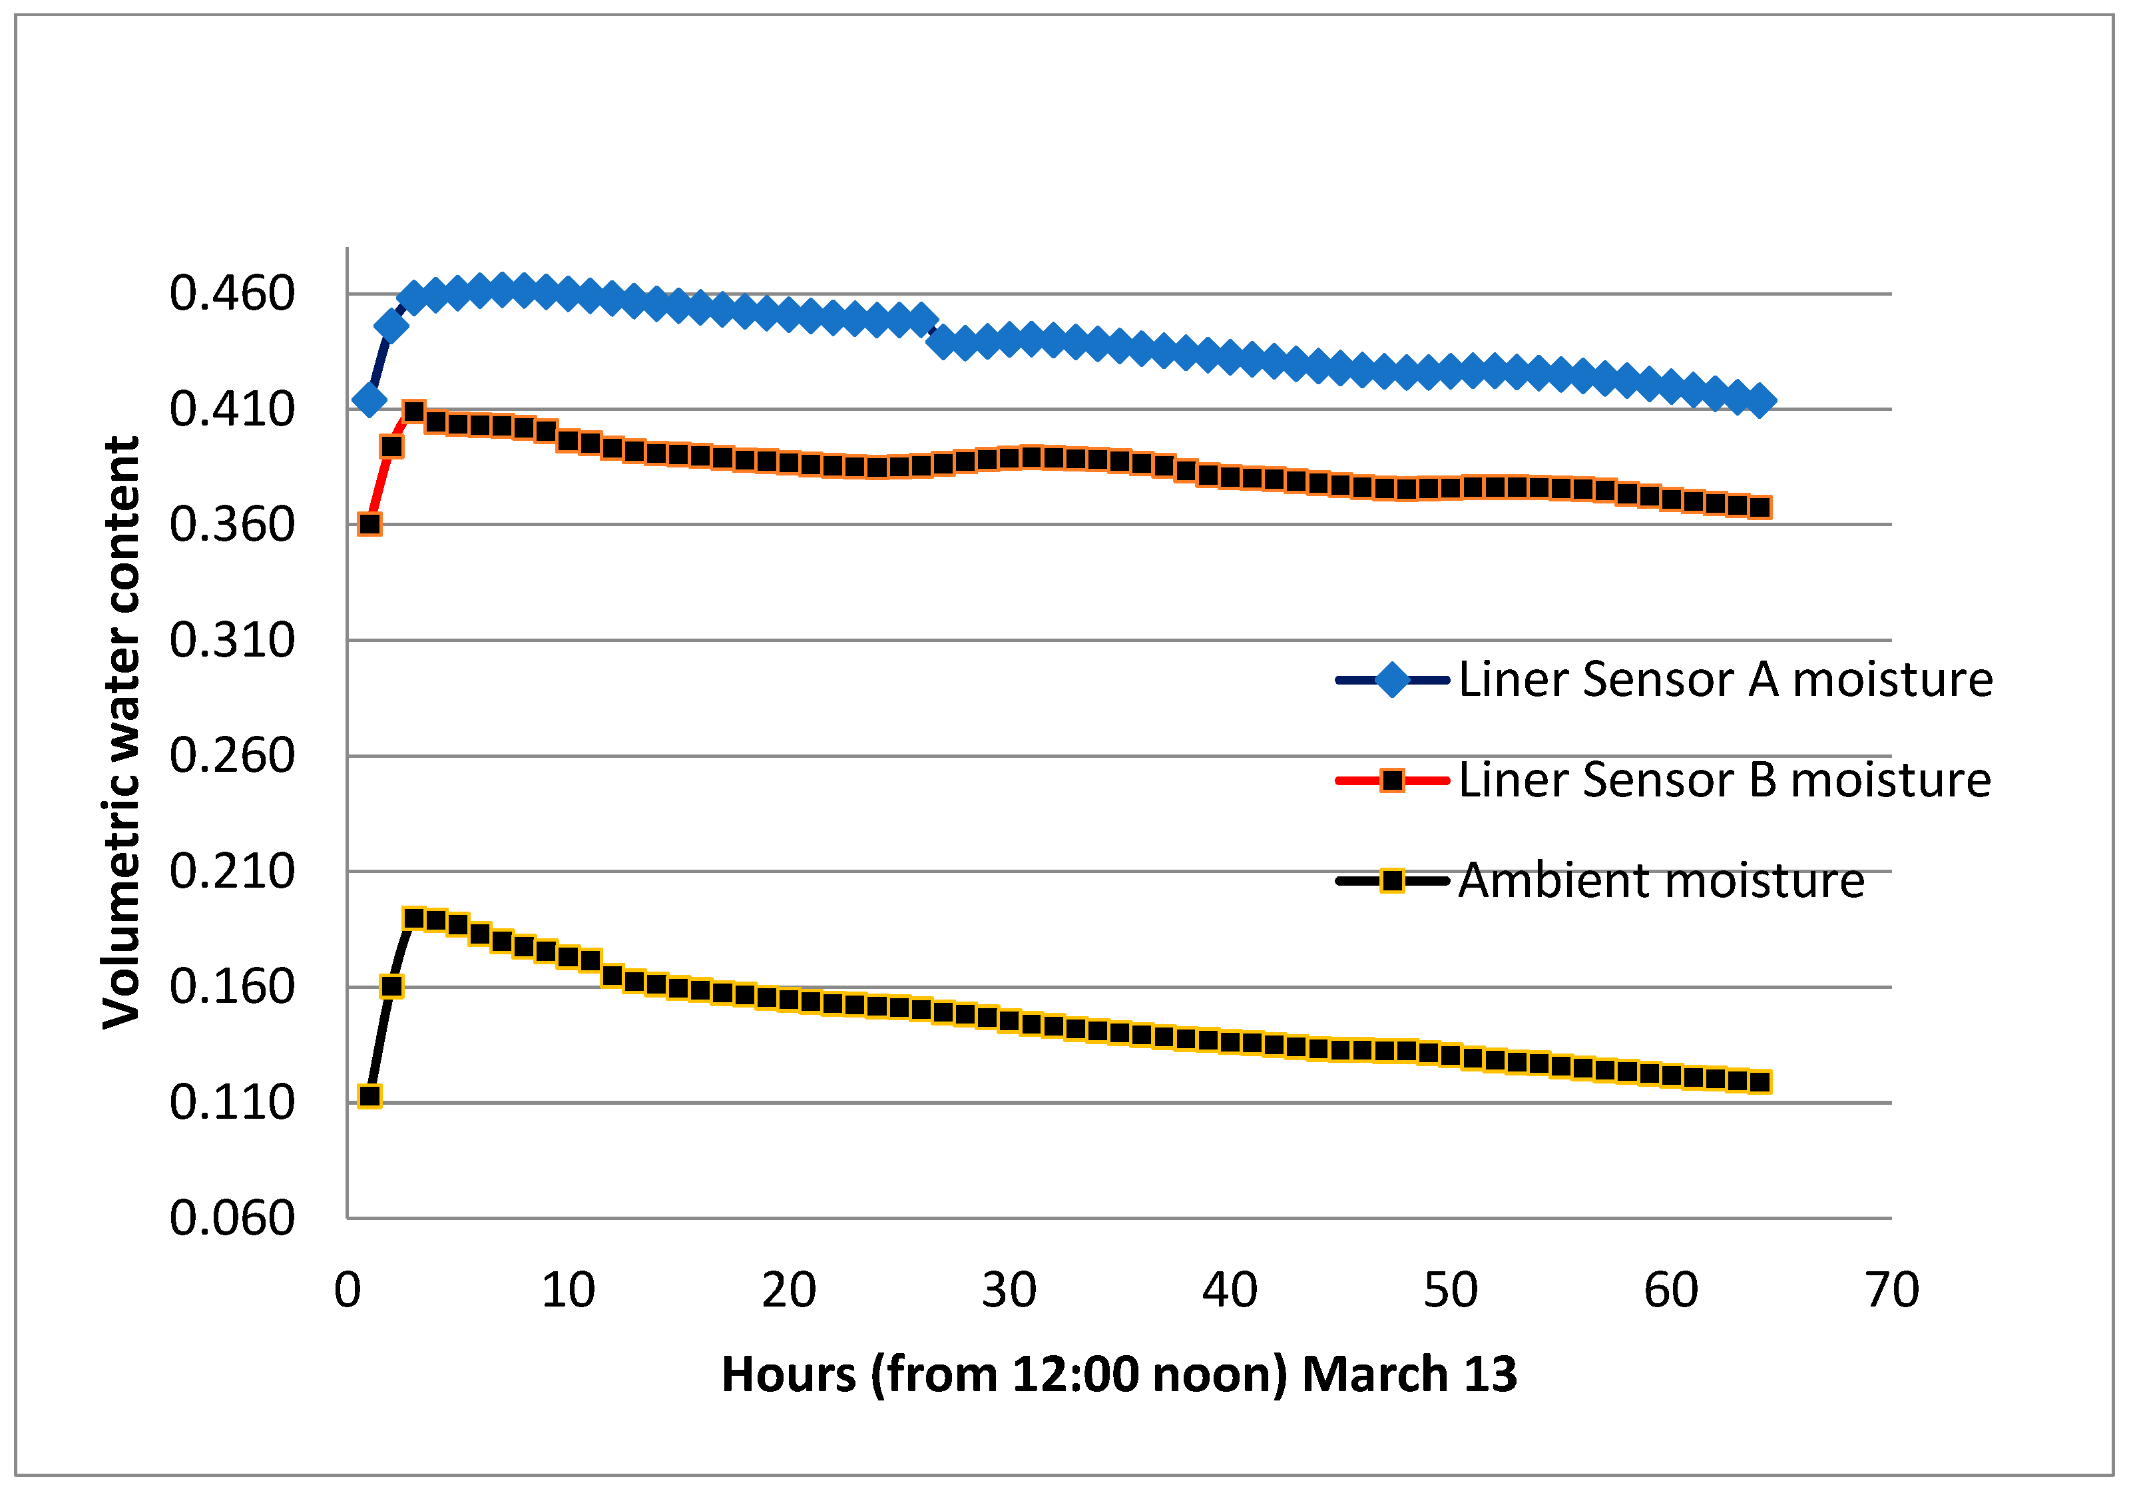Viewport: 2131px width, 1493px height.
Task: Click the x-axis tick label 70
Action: tap(1891, 1290)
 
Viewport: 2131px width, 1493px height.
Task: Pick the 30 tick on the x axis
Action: tap(1009, 1290)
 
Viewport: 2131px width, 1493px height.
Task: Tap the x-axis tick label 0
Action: tap(347, 1290)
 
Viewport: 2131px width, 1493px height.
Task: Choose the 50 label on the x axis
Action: tap(1450, 1290)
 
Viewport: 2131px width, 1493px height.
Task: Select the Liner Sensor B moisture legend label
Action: tap(1724, 779)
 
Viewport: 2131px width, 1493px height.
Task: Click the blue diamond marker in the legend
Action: tap(1392, 680)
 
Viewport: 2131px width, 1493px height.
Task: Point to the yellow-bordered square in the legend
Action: tap(1392, 880)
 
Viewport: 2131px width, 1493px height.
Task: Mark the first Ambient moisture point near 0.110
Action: tap(369, 1097)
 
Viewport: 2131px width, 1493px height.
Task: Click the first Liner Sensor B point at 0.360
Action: tap(369, 523)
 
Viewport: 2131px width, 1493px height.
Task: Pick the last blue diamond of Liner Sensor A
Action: tap(1760, 401)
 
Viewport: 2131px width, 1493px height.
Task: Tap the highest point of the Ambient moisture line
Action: tap(414, 918)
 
